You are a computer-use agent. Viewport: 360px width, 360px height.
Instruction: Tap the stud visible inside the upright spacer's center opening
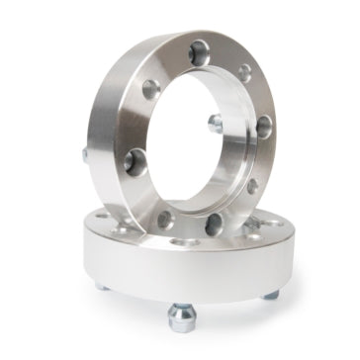215,123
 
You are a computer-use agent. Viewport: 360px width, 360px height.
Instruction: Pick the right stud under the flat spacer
270,292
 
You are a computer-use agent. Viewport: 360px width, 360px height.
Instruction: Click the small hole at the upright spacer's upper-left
148,87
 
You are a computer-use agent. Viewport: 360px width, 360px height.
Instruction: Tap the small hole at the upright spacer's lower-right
252,185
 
